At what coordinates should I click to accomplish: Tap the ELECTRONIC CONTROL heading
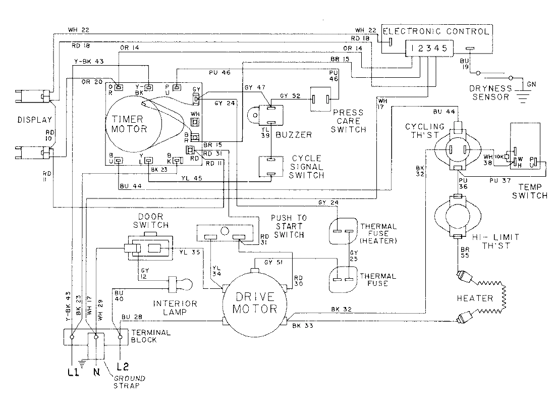[437, 31]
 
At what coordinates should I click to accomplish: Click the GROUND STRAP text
[120, 382]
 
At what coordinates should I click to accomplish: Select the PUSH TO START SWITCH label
[288, 226]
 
